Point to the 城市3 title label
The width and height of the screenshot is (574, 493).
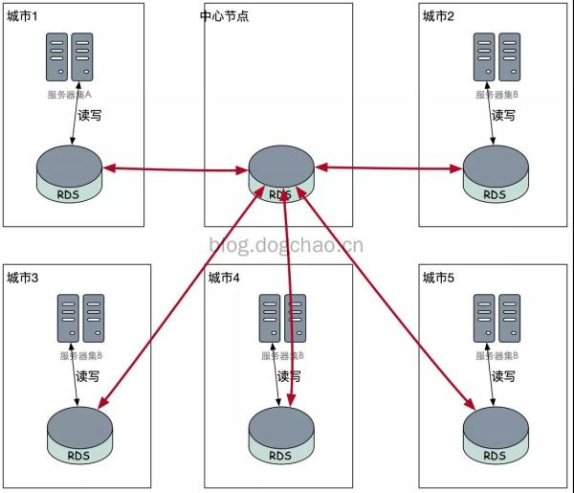point(23,278)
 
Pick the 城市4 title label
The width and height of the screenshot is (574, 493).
point(224,278)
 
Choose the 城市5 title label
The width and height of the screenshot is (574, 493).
point(438,278)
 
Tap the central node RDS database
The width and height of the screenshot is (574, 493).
point(280,173)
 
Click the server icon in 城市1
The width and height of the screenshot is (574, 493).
point(70,58)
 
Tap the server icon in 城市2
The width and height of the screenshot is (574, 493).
point(497,58)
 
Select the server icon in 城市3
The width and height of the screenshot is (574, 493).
point(81,320)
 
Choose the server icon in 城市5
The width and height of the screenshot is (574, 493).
point(497,320)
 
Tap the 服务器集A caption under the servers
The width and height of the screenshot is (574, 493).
point(69,95)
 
